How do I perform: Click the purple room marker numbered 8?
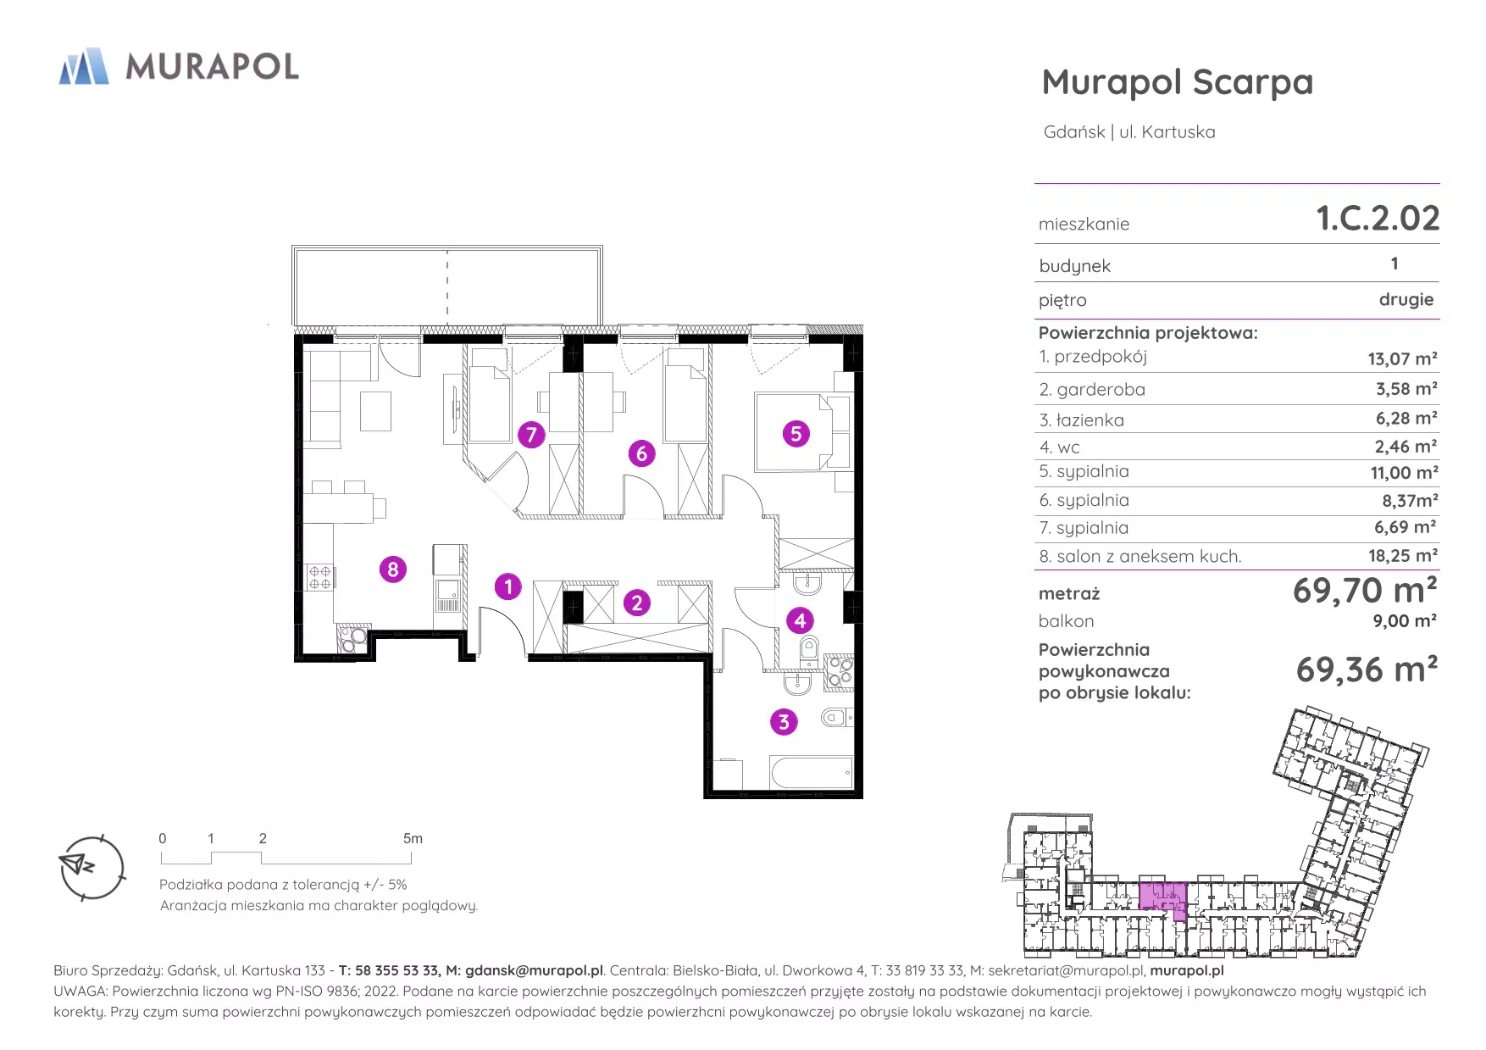[x=392, y=569]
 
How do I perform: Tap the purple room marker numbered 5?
[x=796, y=434]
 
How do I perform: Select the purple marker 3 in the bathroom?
[x=784, y=722]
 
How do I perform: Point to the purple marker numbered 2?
[x=637, y=603]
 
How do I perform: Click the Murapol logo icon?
[x=84, y=66]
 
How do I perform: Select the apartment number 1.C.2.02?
[x=1378, y=219]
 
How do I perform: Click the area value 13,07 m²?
[x=1402, y=358]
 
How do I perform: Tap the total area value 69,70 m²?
[x=1365, y=591]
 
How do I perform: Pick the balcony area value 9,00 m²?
[x=1405, y=621]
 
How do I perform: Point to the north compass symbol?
[x=92, y=868]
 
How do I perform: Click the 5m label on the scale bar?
[x=413, y=838]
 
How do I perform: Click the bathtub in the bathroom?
[x=811, y=773]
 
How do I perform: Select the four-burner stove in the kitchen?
[x=319, y=577]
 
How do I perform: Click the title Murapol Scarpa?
[x=1177, y=83]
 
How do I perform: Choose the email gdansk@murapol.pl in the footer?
[x=534, y=970]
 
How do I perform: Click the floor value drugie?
[x=1406, y=300]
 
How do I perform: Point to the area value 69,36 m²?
[x=1367, y=669]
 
